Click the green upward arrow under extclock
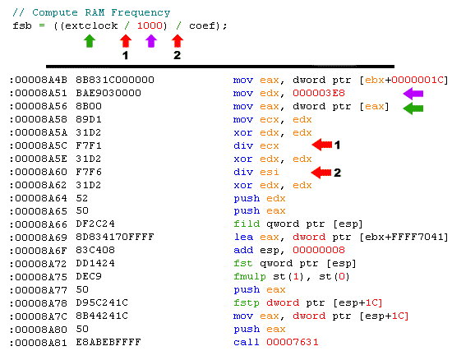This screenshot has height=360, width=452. click(x=90, y=41)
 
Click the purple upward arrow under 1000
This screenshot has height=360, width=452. click(x=151, y=41)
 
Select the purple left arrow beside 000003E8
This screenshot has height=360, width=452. click(x=413, y=94)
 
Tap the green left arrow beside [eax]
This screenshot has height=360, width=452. click(x=413, y=108)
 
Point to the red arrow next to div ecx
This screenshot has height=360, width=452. click(x=322, y=145)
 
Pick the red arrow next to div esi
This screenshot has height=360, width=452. click(x=321, y=173)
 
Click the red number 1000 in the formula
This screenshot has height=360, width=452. click(x=150, y=25)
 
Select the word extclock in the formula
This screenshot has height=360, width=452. click(x=91, y=25)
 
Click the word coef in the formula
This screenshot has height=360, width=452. click(x=202, y=25)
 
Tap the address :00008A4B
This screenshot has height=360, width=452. click(x=39, y=80)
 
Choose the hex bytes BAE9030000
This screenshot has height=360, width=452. click(x=108, y=93)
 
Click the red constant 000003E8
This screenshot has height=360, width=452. click(x=319, y=93)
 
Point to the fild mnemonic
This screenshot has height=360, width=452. click(x=247, y=224)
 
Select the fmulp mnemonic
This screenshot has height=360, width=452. click(x=250, y=277)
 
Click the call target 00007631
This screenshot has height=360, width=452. click(x=293, y=342)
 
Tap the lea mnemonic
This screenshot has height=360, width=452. click(x=243, y=237)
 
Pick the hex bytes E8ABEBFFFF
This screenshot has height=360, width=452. click(x=108, y=342)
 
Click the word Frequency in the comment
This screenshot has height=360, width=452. click(x=141, y=12)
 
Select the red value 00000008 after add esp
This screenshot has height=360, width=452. click(x=319, y=250)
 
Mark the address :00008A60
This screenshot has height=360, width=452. click(x=39, y=172)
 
